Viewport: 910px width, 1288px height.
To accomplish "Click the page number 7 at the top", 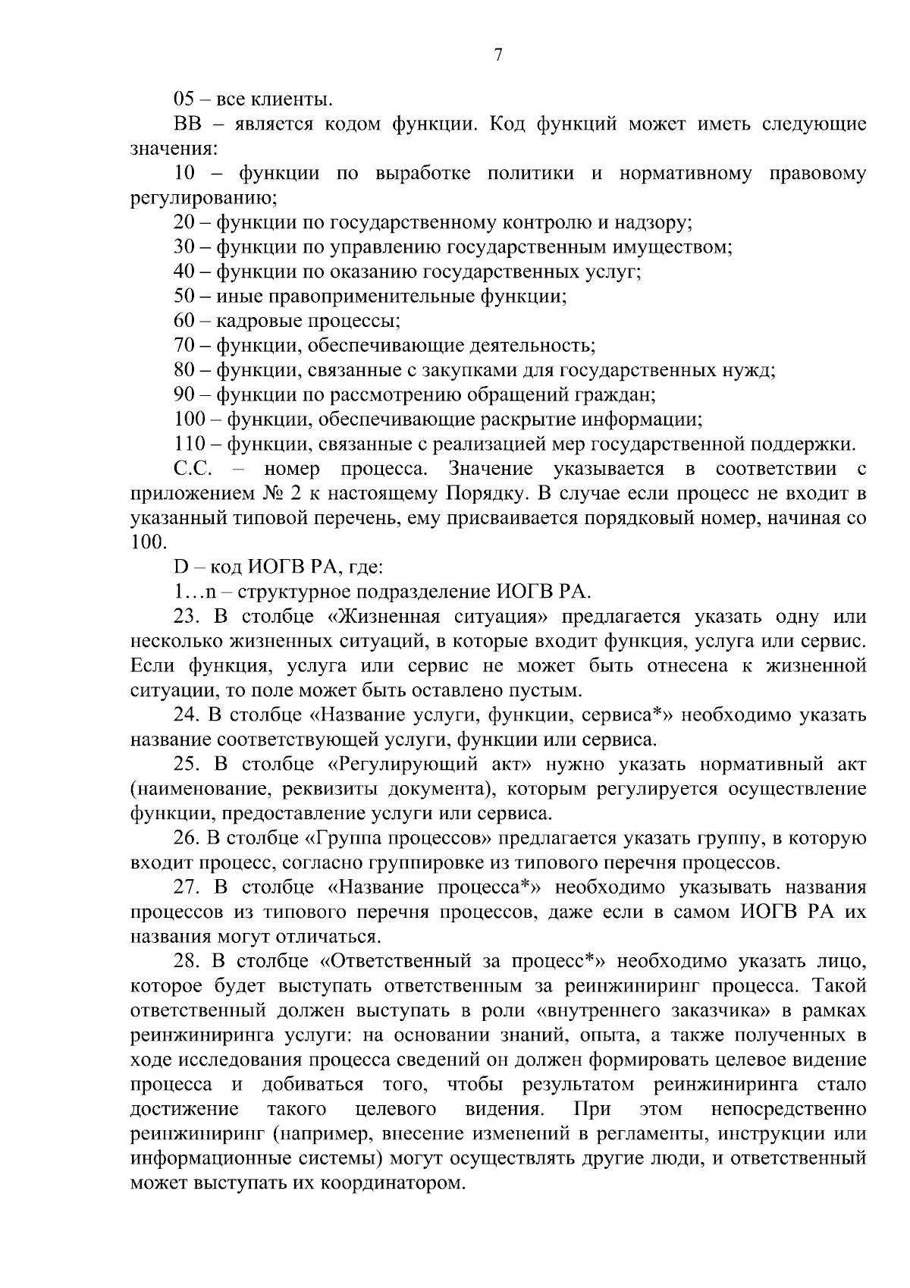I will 498,55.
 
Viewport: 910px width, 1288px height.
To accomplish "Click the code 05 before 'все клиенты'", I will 184,99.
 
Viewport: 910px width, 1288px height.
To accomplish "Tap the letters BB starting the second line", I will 186,124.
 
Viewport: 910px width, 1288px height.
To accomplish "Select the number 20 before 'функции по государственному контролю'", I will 185,223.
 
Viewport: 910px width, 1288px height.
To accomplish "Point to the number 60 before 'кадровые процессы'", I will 185,322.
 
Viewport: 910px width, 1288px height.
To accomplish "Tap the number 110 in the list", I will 190,445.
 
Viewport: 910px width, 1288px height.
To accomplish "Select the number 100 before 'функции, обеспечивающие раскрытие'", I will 190,419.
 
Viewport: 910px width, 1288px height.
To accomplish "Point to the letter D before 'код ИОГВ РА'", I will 180,567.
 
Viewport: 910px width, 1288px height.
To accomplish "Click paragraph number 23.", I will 187,617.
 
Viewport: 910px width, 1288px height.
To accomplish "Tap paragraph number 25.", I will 187,765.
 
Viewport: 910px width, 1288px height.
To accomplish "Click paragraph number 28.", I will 187,962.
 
